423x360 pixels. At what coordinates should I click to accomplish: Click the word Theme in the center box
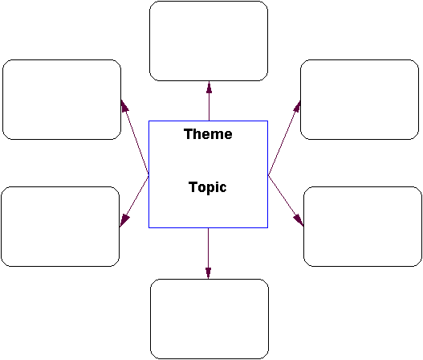tap(208, 134)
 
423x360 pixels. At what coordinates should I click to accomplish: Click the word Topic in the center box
tap(207, 187)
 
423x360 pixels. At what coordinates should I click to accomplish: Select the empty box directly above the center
tap(209, 41)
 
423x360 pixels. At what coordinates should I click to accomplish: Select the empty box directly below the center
tap(209, 319)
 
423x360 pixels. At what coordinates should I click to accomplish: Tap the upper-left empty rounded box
tap(62, 100)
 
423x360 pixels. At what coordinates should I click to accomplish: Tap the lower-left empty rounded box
tap(60, 227)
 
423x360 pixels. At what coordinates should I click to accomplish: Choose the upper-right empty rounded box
tap(360, 100)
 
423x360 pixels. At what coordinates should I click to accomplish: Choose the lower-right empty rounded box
tap(363, 227)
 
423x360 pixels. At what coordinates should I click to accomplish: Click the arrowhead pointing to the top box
tap(209, 87)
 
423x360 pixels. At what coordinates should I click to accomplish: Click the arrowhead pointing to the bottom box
tap(208, 272)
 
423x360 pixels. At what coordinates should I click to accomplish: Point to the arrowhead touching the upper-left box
tap(124, 105)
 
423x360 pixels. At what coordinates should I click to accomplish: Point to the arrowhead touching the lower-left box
tap(124, 221)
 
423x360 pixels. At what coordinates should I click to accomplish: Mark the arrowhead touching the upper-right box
tap(297, 106)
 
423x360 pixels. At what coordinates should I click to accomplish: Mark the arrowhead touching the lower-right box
tap(299, 220)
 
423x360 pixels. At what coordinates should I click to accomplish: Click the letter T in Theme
tap(188, 134)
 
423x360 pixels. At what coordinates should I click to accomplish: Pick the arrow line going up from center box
tap(209, 100)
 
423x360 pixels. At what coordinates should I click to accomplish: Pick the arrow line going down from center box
tap(208, 253)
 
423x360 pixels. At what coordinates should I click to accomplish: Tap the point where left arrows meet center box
tap(148, 175)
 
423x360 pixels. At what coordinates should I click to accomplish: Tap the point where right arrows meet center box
tap(268, 175)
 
